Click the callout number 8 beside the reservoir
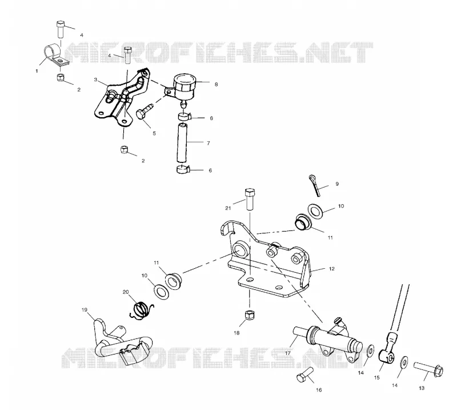point(216,84)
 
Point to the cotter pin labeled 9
point(315,185)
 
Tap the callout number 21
point(228,208)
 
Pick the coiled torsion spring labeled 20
point(141,310)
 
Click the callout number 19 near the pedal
point(85,309)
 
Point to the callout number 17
point(288,353)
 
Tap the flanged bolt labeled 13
point(428,369)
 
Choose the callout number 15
point(376,377)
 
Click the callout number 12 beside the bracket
point(332,269)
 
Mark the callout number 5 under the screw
point(154,133)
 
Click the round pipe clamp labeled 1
point(56,55)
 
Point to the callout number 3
point(95,79)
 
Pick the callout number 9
point(337,184)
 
